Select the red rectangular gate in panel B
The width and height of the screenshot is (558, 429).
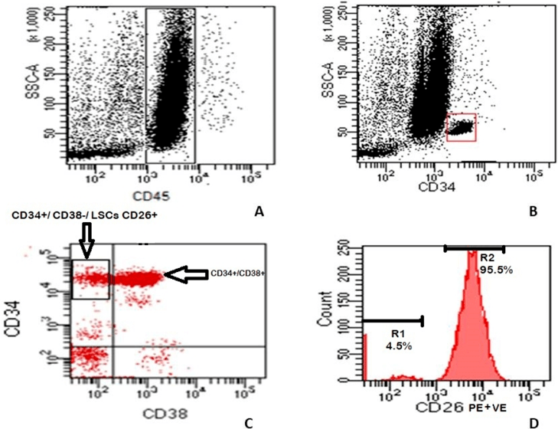[461, 127]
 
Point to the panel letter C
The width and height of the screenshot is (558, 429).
[246, 420]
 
